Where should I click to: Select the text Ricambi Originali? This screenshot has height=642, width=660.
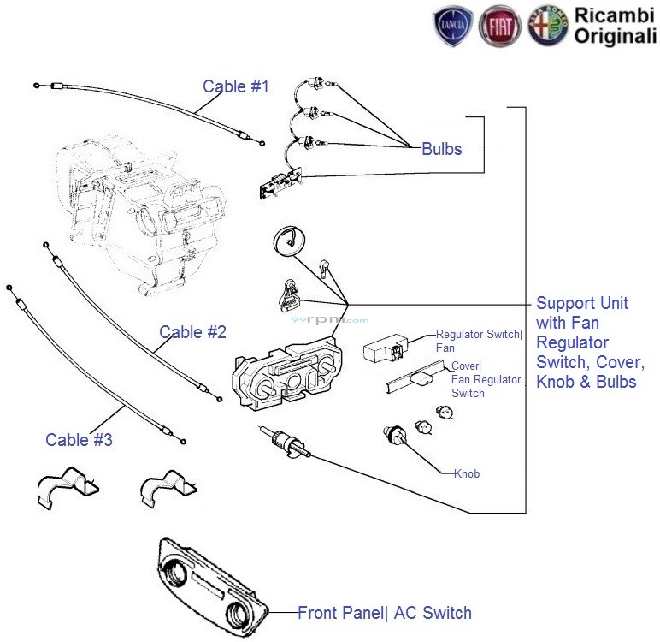[615, 26]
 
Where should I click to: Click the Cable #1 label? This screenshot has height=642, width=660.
[235, 86]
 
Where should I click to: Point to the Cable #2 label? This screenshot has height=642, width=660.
[192, 332]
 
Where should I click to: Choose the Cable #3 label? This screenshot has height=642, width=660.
[79, 440]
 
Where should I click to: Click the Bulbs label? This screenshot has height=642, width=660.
[441, 149]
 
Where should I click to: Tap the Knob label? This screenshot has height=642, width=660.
[467, 473]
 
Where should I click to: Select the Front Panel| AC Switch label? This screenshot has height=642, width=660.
[384, 612]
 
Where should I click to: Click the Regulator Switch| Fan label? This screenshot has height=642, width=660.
[479, 341]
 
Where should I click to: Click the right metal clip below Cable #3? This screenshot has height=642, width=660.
[168, 489]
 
